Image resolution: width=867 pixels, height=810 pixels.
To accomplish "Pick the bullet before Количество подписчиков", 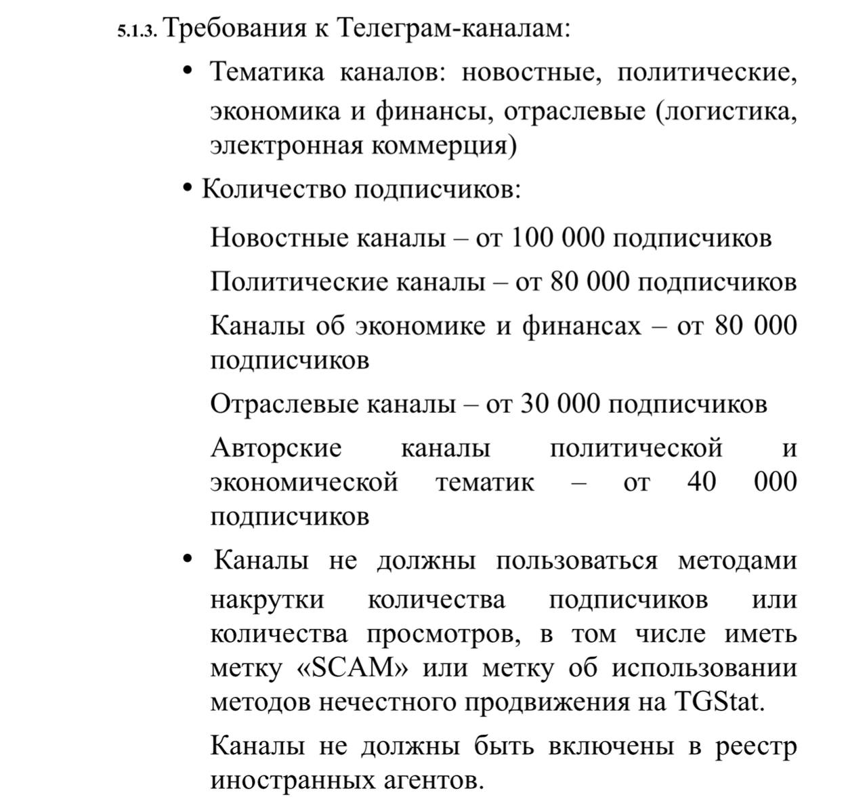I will click(188, 188).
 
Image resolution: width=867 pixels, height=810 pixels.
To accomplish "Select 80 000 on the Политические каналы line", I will click(590, 281).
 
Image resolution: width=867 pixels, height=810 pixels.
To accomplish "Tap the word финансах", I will click(580, 326).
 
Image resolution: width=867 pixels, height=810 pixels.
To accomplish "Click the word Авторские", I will click(276, 448).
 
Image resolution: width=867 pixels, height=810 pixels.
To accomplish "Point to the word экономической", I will click(303, 482).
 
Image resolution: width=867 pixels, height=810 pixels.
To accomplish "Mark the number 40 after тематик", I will click(701, 482).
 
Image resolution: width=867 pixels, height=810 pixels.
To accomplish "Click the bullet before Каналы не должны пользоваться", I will click(188, 561).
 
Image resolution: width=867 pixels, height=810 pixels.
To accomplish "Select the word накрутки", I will click(267, 600).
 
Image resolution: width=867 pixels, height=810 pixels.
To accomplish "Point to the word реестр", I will click(756, 746).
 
